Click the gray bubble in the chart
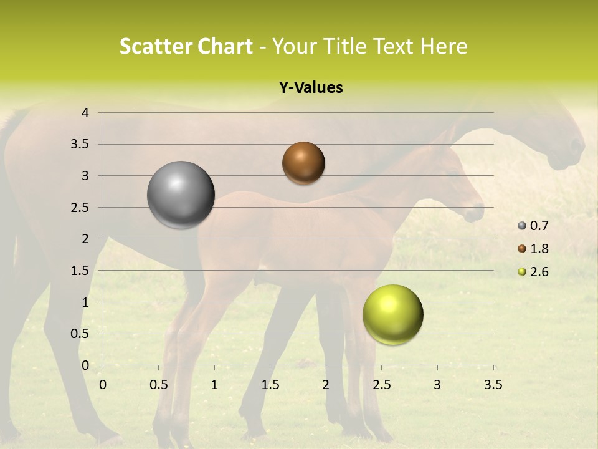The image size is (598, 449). tap(181, 195)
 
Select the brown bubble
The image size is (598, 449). tap(303, 163)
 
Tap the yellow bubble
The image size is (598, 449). tap(392, 314)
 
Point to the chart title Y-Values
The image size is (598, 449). tap(310, 88)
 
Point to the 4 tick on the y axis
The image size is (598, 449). tap(85, 113)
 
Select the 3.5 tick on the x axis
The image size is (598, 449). tap(493, 385)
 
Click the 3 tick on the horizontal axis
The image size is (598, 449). tap(437, 385)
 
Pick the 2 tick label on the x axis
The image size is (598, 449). tap(325, 385)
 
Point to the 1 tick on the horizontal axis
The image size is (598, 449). tap(214, 385)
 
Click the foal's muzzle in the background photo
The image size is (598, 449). tap(475, 213)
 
